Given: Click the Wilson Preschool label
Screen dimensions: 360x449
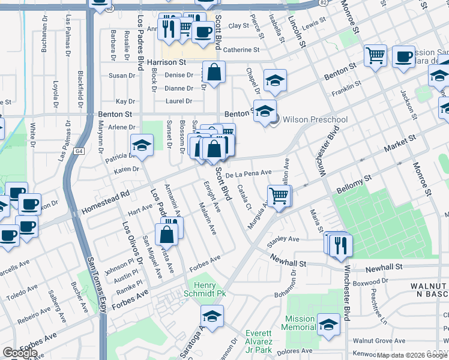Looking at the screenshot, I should coord(315,119).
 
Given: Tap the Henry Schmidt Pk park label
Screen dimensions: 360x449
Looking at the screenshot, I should coord(208,289).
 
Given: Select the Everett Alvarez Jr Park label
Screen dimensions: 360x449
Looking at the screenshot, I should coord(268,337).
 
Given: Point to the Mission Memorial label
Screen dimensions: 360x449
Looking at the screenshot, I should coord(300,323).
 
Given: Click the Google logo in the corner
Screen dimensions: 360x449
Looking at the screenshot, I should coord(20,353).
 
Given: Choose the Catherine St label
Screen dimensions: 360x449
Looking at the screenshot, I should coord(241,50).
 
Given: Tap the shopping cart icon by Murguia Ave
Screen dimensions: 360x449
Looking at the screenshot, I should coord(279,196).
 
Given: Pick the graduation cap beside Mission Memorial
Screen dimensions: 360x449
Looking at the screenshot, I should coord(328,325).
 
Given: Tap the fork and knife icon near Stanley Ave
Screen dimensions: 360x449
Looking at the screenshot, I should coord(340,244).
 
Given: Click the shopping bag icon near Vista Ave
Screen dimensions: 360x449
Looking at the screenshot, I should coord(167,234).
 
